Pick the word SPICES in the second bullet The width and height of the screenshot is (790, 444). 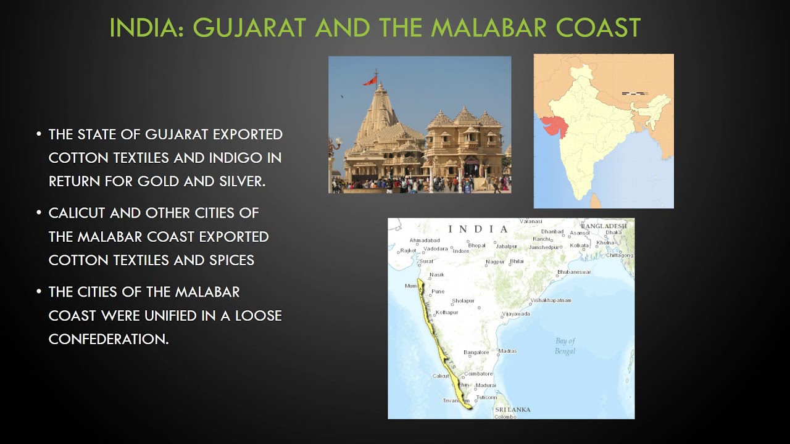tap(227, 260)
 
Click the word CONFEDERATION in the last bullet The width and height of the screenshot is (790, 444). tap(108, 339)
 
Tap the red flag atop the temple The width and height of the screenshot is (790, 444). tap(370, 80)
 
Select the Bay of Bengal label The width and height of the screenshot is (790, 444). tap(565, 345)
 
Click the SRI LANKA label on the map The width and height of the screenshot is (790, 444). tap(513, 409)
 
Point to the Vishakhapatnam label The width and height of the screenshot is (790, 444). tap(551, 300)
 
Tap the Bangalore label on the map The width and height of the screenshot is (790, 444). tap(476, 353)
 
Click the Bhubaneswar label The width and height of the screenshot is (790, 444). tap(574, 272)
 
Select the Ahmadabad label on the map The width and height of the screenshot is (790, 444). tap(425, 240)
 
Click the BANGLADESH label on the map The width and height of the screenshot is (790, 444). tap(603, 226)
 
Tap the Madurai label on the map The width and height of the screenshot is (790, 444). tap(486, 385)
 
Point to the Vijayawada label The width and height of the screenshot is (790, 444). tap(516, 314)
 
